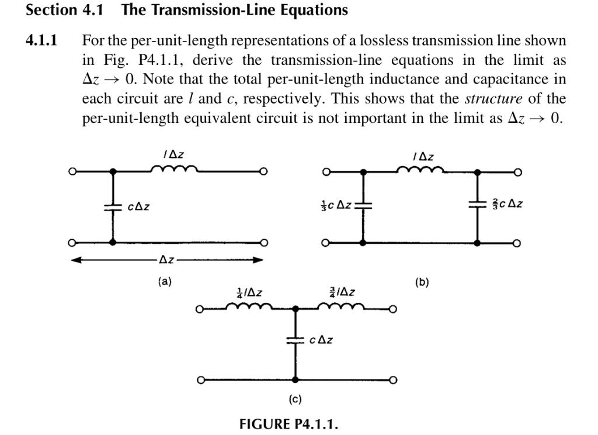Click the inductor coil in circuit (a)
(x=174, y=168)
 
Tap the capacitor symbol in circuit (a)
(x=113, y=207)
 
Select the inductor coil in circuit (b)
(x=420, y=169)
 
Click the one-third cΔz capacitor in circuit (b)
(x=363, y=205)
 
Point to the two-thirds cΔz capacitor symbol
(x=478, y=205)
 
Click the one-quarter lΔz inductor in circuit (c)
(x=249, y=306)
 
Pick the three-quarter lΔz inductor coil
(x=341, y=306)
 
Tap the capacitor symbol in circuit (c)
(x=295, y=340)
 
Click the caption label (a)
(x=165, y=282)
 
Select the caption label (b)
(x=422, y=282)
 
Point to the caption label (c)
(x=295, y=399)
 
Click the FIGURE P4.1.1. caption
(x=288, y=424)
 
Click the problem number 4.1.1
(x=41, y=40)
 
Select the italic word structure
(x=493, y=99)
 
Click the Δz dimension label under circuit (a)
(x=166, y=260)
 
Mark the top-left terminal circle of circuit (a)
(x=72, y=171)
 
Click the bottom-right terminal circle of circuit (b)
(x=517, y=243)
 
